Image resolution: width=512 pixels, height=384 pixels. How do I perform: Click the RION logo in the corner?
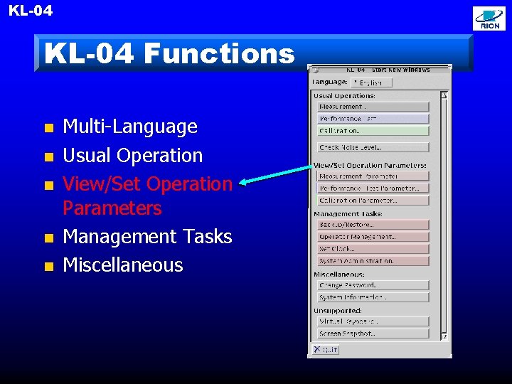point(490,18)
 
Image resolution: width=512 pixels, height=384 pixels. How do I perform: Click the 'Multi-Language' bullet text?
point(130,127)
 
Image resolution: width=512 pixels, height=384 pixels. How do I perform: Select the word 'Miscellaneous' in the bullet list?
point(123,265)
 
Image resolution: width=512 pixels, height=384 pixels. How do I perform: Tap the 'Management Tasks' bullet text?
point(147,237)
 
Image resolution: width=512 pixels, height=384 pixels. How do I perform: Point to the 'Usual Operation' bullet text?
point(133,156)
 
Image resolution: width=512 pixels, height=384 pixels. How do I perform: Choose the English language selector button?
point(371,82)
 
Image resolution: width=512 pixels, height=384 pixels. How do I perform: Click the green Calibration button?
point(373,131)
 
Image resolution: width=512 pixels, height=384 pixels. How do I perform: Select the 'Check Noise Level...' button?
point(373,147)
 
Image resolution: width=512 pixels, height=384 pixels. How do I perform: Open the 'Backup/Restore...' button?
point(373,225)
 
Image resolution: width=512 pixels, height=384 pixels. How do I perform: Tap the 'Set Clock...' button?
point(373,249)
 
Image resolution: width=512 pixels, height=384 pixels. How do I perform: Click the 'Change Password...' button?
point(373,285)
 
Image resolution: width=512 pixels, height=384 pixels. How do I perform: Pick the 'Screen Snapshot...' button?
point(373,334)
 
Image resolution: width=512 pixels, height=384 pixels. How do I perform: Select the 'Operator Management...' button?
point(373,237)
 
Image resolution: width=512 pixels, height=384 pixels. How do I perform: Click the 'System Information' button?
point(373,297)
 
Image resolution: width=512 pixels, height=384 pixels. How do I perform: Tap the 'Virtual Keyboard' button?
point(373,321)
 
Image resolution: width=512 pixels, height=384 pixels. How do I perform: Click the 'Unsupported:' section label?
point(338,311)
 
